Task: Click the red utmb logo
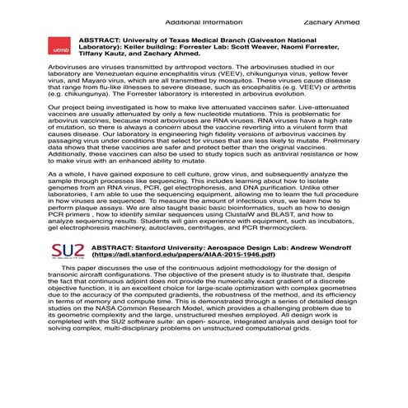coord(60,49)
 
